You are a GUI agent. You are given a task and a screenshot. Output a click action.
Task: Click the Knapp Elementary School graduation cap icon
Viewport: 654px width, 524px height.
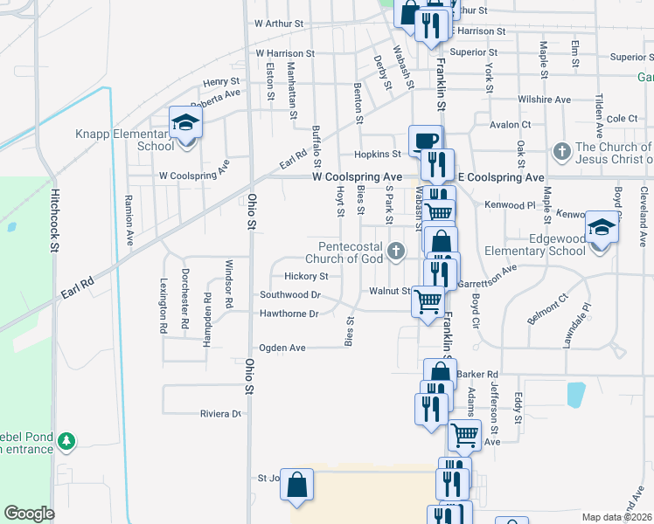(x=185, y=123)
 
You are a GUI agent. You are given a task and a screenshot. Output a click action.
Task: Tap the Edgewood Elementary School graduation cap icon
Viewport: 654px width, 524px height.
(x=601, y=228)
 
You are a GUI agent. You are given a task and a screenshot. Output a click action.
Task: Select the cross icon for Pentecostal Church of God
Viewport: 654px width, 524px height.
(x=396, y=252)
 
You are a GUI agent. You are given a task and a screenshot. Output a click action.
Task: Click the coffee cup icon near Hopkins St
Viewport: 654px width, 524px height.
(x=426, y=141)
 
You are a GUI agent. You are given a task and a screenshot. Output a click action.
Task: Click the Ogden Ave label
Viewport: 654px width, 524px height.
(x=282, y=348)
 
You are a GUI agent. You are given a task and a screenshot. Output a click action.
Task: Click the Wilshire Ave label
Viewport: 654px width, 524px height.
(x=543, y=100)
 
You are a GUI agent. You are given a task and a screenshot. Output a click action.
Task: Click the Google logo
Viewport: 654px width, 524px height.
(x=29, y=514)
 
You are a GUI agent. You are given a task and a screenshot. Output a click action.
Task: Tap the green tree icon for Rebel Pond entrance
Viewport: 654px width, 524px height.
(x=66, y=441)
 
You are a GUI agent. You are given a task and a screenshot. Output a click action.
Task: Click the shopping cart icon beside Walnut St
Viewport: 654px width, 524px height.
(x=428, y=302)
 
